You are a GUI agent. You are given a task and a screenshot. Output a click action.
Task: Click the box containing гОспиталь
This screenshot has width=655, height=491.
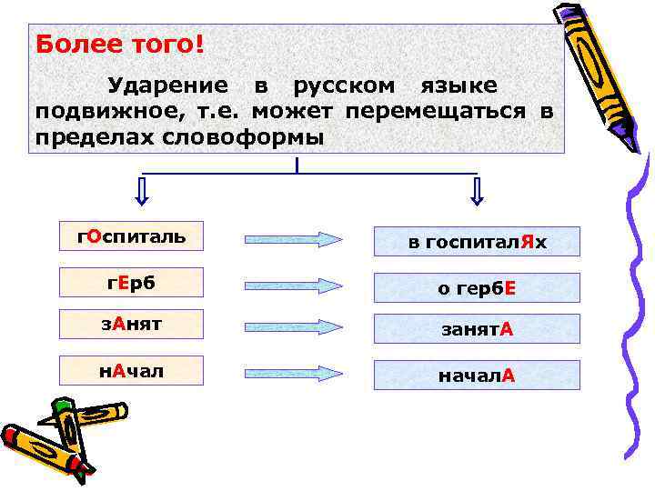pos(131,237)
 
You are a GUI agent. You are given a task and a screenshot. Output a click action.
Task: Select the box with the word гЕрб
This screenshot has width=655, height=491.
pos(131,283)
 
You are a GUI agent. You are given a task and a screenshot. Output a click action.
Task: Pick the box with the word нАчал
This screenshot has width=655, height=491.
pos(131,370)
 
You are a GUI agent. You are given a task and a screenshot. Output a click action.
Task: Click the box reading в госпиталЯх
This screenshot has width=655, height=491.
pos(477,242)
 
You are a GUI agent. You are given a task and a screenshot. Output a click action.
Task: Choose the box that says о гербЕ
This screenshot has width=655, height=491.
pos(477,288)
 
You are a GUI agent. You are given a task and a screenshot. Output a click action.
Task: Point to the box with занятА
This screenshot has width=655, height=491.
pos(477,328)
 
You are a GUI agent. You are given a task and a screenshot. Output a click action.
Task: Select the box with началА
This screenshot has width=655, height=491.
pos(477,375)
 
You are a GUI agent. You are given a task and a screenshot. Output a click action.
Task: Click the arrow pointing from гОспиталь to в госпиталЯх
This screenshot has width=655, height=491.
pos(293,239)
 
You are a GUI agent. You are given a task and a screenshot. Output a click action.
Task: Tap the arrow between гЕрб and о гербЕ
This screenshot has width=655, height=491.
pos(293,285)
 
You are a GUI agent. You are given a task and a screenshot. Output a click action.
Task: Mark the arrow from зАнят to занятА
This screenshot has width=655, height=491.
pos(293,326)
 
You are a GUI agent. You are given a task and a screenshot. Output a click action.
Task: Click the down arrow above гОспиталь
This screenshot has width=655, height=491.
pos(141,191)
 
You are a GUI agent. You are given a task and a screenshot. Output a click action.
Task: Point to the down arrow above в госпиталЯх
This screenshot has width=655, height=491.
pos(478,191)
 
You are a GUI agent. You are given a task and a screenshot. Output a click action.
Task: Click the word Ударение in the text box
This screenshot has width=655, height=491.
pos(168,86)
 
